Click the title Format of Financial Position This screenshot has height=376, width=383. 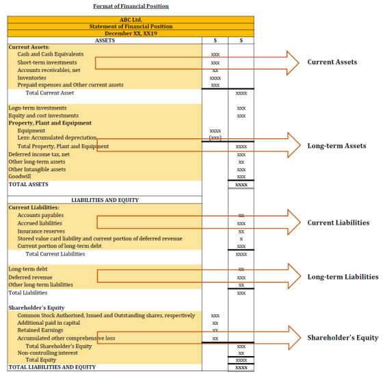[x=131, y=6]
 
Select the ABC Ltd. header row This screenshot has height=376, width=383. [x=131, y=20]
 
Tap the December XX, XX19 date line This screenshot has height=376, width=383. [x=131, y=34]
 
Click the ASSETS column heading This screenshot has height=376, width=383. [x=105, y=40]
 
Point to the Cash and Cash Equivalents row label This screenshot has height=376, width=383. [x=51, y=54]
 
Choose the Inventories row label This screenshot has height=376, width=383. [x=31, y=78]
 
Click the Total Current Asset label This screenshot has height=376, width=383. [x=49, y=93]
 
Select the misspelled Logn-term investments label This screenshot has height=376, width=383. [x=38, y=108]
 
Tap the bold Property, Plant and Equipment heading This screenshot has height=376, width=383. [x=50, y=123]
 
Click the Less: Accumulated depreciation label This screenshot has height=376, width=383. [x=57, y=138]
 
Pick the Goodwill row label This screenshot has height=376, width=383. [x=20, y=177]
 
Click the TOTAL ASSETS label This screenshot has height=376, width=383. [x=28, y=184]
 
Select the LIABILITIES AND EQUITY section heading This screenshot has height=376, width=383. [x=105, y=200]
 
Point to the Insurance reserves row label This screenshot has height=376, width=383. [x=41, y=231]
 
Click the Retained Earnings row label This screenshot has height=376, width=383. [x=40, y=330]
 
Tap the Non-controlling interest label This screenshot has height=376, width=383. [x=47, y=353]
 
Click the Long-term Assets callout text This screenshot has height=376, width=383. [x=336, y=146]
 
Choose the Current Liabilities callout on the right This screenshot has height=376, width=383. [x=339, y=223]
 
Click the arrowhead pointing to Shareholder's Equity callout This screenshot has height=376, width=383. [x=295, y=338]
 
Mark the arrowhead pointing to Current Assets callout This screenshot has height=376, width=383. [x=293, y=63]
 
